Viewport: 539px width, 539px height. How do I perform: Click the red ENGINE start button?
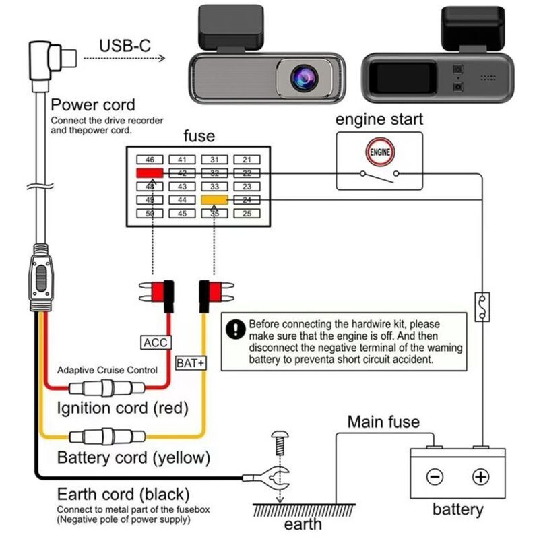pyautogui.click(x=379, y=152)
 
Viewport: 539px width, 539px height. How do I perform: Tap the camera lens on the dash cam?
pyautogui.click(x=303, y=77)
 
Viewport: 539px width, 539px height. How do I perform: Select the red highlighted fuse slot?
pyautogui.click(x=150, y=173)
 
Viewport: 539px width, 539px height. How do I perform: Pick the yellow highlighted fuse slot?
pyautogui.click(x=215, y=200)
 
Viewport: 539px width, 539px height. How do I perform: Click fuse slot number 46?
pyautogui.click(x=150, y=160)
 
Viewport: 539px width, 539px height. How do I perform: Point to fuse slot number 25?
pyautogui.click(x=247, y=214)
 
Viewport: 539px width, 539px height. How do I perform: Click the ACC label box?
pyautogui.click(x=155, y=342)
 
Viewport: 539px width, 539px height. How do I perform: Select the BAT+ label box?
pyautogui.click(x=191, y=362)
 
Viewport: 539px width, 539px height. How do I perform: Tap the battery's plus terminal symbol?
pyautogui.click(x=480, y=477)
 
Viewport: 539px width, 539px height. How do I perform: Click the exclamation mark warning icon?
pyautogui.click(x=235, y=329)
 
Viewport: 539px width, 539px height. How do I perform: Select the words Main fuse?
pyautogui.click(x=383, y=422)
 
